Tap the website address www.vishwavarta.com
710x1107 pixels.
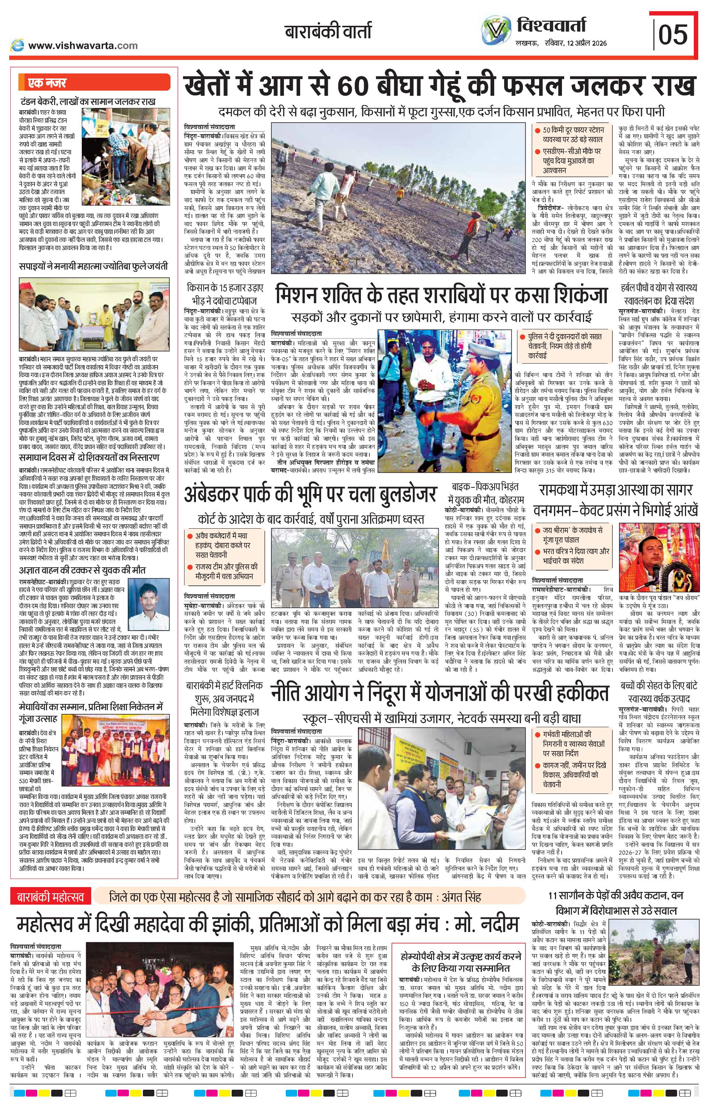pyautogui.click(x=82, y=45)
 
